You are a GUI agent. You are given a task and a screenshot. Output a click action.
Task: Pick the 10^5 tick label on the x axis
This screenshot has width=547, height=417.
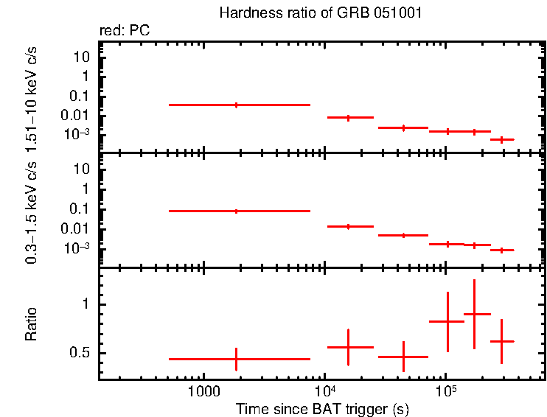446,390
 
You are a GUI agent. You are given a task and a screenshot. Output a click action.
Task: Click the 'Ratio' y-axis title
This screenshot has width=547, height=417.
31,324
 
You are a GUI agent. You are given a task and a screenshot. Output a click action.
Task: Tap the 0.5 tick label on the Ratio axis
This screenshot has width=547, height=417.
80,353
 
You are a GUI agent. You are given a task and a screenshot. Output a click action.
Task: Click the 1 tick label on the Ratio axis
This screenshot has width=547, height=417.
86,304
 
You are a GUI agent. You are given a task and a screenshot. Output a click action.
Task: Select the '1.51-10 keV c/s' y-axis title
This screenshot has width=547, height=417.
31,97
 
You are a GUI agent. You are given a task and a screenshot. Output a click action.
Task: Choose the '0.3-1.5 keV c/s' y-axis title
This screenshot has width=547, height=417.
31,211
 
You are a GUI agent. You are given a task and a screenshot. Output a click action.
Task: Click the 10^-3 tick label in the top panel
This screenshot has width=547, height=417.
77,134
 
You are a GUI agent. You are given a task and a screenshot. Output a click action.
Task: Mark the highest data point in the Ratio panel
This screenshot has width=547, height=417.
474,314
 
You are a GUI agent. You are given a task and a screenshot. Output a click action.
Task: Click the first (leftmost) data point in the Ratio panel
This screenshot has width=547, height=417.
236,359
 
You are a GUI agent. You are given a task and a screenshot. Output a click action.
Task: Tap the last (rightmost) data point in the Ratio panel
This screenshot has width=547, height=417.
501,341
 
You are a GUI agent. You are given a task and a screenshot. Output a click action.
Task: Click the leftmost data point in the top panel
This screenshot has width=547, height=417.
236,105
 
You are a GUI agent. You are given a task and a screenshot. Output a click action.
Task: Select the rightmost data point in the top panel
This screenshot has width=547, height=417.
501,139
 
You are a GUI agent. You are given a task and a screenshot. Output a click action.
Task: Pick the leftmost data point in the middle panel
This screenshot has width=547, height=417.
236,211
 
